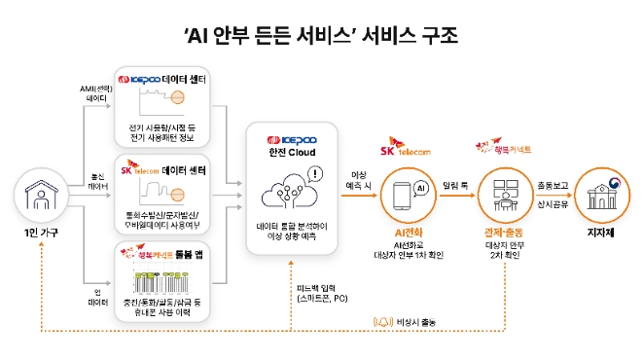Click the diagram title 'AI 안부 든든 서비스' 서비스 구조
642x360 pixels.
320,35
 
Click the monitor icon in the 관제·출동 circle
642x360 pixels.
505,192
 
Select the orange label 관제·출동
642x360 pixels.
505,234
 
